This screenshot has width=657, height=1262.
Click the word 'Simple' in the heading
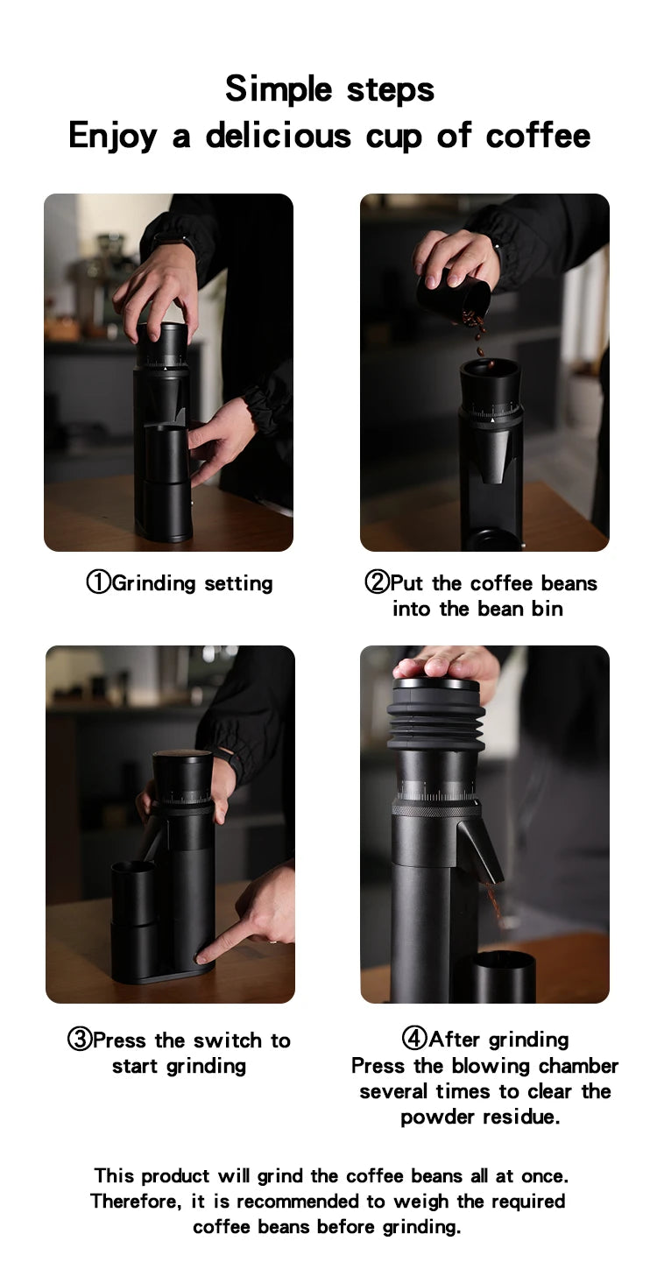coord(277,88)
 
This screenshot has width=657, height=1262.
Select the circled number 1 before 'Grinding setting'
coord(98,582)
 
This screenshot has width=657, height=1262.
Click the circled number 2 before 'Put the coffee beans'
coord(376,582)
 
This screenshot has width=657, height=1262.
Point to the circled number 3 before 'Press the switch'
coord(80,1040)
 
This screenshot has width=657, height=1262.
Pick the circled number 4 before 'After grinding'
coord(414,1039)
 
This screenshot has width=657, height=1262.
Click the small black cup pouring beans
coord(453,298)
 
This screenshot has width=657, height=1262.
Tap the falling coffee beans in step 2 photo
coord(477,333)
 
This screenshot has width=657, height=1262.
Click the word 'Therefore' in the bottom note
coord(135,1201)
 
